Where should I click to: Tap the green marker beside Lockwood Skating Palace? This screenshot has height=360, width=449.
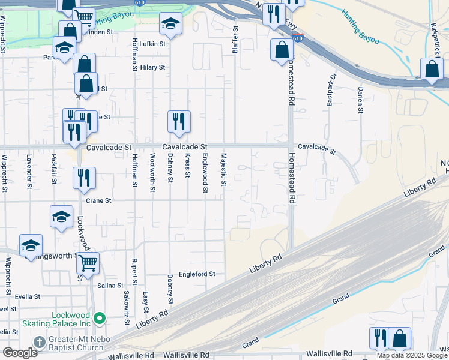[100, 318]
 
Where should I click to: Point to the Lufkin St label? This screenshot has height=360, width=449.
[152, 44]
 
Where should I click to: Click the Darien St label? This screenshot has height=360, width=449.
[360, 100]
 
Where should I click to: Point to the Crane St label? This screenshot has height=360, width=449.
[99, 201]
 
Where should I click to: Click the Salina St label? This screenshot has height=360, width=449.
[110, 286]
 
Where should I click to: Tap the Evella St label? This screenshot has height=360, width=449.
[28, 296]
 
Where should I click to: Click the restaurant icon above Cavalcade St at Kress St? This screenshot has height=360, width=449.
[179, 122]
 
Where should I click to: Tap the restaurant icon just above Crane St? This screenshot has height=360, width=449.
[84, 178]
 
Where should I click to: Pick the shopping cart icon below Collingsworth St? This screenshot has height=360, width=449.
[88, 262]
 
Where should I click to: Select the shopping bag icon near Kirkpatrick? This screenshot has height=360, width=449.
[432, 69]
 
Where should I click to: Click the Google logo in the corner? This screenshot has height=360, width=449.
[20, 353]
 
